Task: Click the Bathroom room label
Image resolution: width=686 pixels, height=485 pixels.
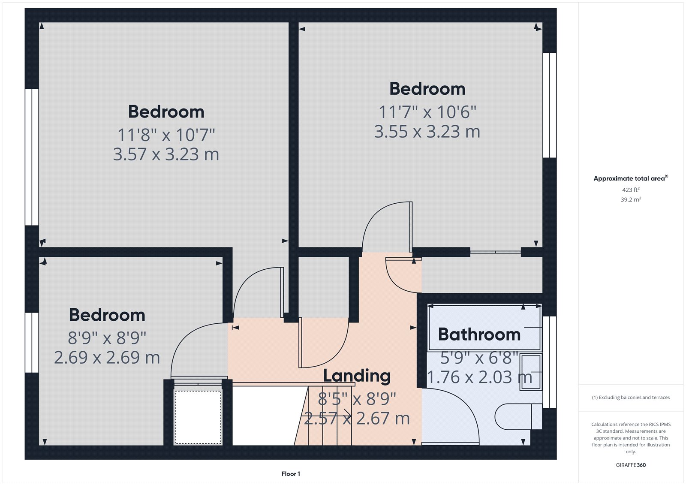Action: point(479,334)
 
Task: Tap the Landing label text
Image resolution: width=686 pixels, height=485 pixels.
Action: point(357,376)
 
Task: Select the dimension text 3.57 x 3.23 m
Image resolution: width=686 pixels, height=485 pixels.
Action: point(166,154)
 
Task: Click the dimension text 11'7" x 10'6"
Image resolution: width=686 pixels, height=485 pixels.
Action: point(427,112)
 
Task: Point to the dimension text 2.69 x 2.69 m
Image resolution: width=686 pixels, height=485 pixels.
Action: point(107,357)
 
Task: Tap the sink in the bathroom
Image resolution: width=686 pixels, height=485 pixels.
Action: point(531,372)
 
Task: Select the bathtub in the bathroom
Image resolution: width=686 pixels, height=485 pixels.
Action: point(484,327)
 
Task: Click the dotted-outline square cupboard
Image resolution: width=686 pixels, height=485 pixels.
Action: point(198,417)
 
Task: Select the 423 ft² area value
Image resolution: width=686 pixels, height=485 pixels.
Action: point(631,190)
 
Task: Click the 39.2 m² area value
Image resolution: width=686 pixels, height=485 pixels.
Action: point(631,199)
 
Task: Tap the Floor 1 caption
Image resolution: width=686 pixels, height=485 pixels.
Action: point(291,474)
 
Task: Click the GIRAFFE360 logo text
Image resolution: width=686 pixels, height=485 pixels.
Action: point(631,465)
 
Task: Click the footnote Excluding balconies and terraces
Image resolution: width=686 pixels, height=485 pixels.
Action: point(631,398)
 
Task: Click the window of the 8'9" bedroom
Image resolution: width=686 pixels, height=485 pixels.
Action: point(32,342)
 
